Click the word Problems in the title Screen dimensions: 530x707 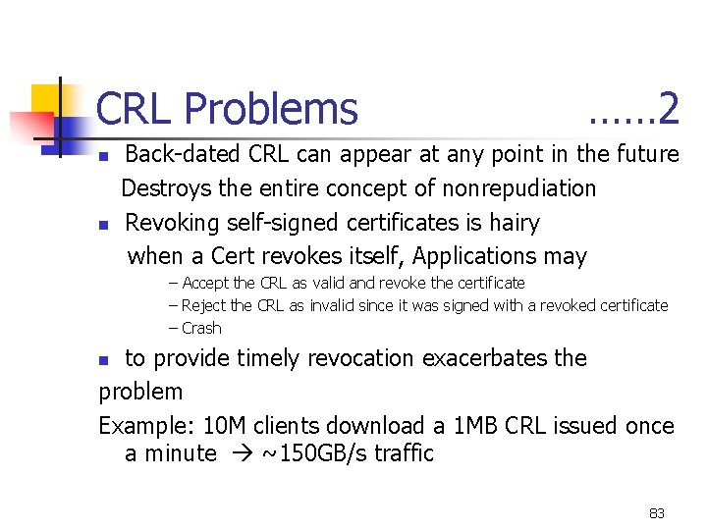click(x=271, y=110)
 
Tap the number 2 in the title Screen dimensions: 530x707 click(x=670, y=109)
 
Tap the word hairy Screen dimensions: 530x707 click(x=514, y=223)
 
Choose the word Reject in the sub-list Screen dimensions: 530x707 click(x=203, y=305)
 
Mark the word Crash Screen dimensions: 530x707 click(x=201, y=328)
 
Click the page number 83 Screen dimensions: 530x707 click(x=657, y=513)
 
